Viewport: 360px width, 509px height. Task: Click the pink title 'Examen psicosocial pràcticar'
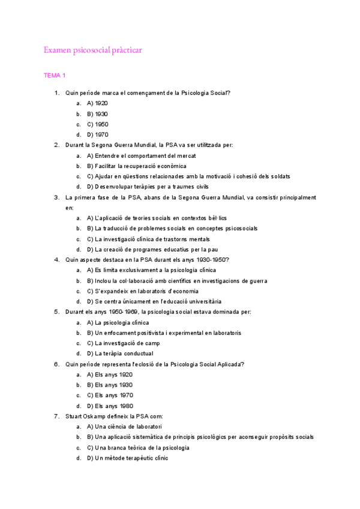(92, 50)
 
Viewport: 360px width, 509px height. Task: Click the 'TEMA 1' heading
(55, 76)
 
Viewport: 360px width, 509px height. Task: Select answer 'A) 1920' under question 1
(97, 103)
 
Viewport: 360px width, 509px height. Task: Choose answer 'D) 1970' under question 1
(97, 134)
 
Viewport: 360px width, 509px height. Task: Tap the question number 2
(56, 145)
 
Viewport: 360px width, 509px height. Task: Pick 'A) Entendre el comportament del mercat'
(141, 155)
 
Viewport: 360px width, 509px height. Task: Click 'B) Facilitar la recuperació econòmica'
(136, 166)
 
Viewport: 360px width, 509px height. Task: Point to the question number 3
(56, 197)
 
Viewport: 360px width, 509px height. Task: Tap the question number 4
(56, 259)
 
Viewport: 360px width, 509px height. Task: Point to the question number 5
(56, 312)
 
